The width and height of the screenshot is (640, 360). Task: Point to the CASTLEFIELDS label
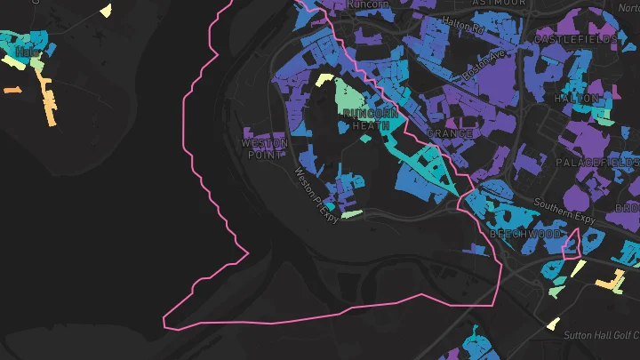pyautogui.click(x=576, y=40)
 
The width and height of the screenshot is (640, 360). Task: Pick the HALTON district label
pyautogui.click(x=572, y=99)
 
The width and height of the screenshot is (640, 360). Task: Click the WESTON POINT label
pyautogui.click(x=265, y=148)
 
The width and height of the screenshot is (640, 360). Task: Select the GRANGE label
pyautogui.click(x=449, y=133)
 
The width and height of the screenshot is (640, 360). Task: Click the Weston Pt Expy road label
pyautogui.click(x=316, y=195)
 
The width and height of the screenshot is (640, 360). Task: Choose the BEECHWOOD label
pyautogui.click(x=525, y=234)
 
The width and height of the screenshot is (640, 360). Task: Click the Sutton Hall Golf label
pyautogui.click(x=601, y=335)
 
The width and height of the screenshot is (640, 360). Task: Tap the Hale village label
pyautogui.click(x=28, y=52)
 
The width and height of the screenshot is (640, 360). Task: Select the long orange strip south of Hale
pyautogui.click(x=46, y=100)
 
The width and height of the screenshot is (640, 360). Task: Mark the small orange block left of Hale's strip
pyautogui.click(x=12, y=90)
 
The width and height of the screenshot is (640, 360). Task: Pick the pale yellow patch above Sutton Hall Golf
pyautogui.click(x=553, y=324)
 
